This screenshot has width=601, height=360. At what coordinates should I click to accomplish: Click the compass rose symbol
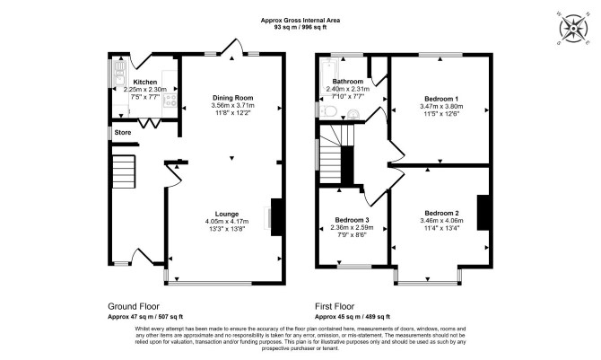573,29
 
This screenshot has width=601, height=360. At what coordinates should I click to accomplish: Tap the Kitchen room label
145,82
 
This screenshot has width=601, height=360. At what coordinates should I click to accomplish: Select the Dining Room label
232,98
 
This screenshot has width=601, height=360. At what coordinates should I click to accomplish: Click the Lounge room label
227,215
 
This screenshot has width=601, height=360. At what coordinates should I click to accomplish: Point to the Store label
123,132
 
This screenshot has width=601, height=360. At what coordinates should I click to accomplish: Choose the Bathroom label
348,82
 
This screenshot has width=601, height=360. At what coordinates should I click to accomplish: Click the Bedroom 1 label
441,99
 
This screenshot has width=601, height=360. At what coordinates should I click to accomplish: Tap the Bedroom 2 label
441,213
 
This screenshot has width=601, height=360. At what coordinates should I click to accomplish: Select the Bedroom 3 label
352,220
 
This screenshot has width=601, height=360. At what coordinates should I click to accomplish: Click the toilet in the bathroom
328,111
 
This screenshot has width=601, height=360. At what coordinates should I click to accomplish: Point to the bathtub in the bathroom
328,77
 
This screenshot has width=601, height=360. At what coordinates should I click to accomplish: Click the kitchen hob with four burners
170,101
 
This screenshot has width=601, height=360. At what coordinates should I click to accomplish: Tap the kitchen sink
118,75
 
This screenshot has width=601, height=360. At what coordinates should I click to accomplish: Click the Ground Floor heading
134,306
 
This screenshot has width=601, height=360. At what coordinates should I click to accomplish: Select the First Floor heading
335,306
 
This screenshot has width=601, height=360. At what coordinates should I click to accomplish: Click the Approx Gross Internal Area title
300,21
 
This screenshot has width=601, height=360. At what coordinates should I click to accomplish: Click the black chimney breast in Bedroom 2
483,213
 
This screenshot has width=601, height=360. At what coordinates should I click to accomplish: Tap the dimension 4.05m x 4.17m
227,222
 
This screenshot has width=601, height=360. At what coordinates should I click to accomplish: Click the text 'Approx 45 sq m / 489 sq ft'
353,317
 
